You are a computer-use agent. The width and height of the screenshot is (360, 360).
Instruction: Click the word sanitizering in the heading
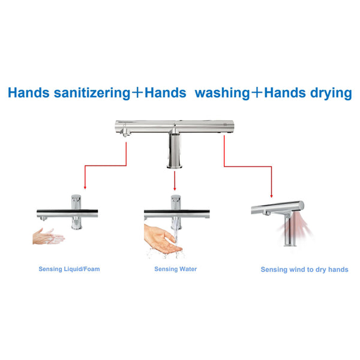92,93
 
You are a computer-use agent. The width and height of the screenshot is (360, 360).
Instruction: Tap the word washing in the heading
222,93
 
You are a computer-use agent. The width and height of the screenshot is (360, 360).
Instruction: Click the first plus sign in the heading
137,93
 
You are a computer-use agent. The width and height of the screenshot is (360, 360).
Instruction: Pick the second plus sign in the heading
257,93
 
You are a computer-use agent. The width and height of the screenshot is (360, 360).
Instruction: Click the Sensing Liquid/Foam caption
69,269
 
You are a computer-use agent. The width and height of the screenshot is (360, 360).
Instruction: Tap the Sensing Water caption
175,269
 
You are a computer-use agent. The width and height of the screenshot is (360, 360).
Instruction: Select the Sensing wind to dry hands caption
304,269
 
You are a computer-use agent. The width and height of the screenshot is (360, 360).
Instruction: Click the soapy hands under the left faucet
49,236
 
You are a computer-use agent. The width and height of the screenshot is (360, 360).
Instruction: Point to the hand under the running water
162,240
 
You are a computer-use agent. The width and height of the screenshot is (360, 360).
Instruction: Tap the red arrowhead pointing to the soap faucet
85,187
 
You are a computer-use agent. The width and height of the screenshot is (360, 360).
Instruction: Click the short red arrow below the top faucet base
175,181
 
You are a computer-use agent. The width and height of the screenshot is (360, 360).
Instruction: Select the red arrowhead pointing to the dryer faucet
271,196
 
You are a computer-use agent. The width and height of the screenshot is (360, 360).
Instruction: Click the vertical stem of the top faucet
175,151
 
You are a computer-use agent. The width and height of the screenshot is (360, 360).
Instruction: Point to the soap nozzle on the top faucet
125,133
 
